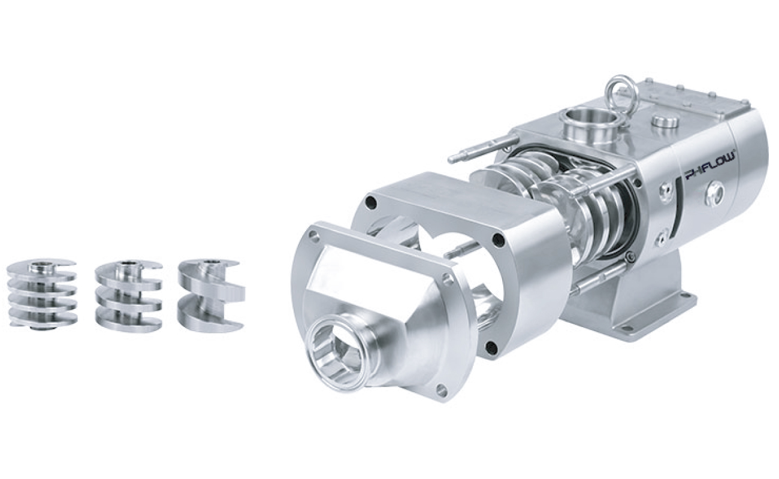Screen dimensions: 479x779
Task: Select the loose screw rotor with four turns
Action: coord(42,293)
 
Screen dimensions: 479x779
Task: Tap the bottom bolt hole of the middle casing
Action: coord(491,347)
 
